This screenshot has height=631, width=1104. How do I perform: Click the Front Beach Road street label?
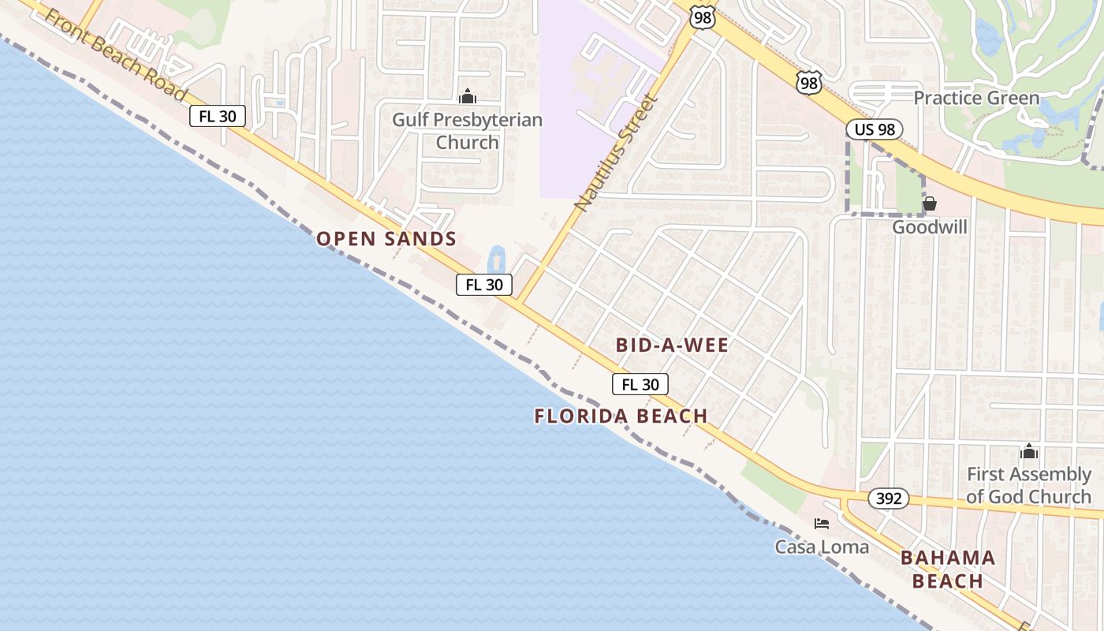(117, 56)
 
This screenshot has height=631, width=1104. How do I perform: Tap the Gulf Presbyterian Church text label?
(468, 131)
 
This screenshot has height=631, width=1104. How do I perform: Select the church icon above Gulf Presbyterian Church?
(468, 97)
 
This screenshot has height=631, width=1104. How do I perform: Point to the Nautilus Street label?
(616, 153)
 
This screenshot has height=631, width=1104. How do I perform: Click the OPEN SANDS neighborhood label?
(386, 239)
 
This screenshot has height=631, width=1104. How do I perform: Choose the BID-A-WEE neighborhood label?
(672, 345)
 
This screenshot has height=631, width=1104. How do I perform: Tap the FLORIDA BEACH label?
(621, 416)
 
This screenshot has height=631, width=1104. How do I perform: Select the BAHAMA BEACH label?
(947, 569)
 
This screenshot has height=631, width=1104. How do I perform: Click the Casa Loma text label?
(822, 547)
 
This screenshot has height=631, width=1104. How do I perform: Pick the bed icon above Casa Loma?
(822, 524)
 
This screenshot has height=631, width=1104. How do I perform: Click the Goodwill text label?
(930, 227)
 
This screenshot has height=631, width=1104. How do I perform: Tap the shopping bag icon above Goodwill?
(930, 204)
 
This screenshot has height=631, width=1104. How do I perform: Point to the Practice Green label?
(976, 99)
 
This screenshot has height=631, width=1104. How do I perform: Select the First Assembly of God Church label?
(1029, 485)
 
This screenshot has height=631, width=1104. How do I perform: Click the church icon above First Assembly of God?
(1029, 452)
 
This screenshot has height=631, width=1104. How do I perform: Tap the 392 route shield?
(889, 498)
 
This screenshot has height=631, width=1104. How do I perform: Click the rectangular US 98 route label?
(875, 129)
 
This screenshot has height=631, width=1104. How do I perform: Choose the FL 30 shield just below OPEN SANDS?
(484, 285)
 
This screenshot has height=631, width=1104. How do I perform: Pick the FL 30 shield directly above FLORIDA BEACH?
(640, 384)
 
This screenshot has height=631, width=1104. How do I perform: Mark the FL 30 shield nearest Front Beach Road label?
(218, 117)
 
